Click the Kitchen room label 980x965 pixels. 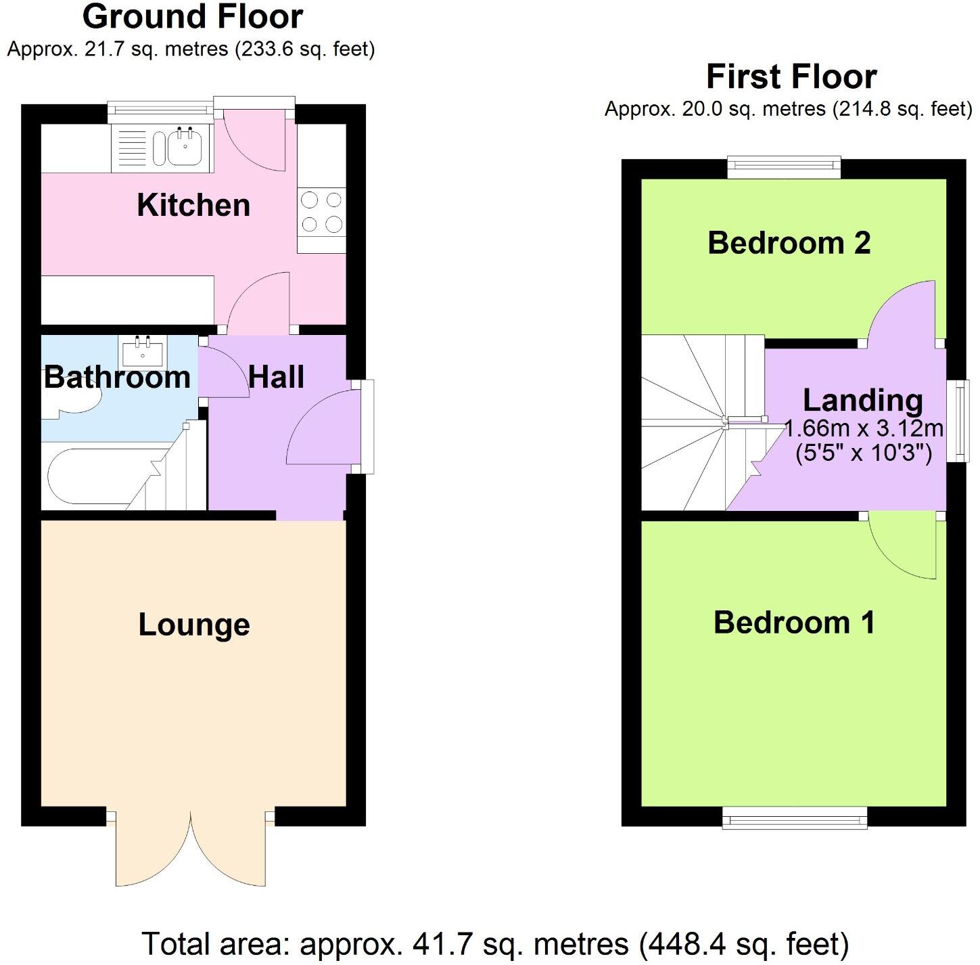point(193,205)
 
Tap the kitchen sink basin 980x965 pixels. point(185,148)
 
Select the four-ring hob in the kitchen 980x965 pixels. point(321,212)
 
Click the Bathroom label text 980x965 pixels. point(117,377)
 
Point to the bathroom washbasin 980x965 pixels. point(143,351)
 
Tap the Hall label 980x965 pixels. point(276,377)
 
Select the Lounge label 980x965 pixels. point(194,625)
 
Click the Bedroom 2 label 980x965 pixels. point(789,242)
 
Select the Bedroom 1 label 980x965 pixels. point(794,622)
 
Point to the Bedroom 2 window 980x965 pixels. point(784,167)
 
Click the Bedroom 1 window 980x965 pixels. point(794,817)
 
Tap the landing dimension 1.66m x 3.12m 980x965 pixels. point(864,429)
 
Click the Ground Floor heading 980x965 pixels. point(193,17)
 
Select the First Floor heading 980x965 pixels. point(791,76)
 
